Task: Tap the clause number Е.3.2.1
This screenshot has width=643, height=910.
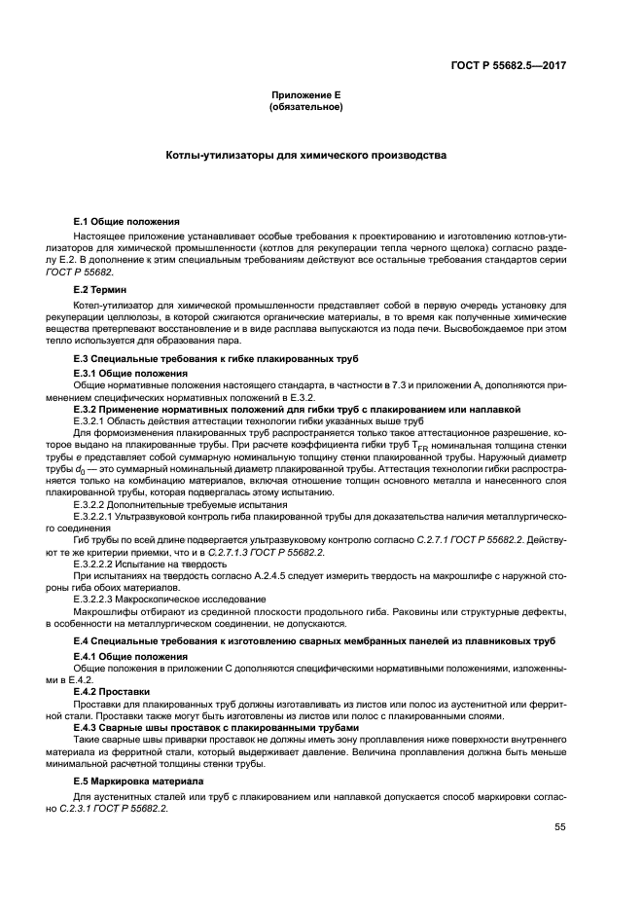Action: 93,421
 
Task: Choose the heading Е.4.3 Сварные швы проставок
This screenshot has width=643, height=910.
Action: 202,726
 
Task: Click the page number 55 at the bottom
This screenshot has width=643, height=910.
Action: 559,828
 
